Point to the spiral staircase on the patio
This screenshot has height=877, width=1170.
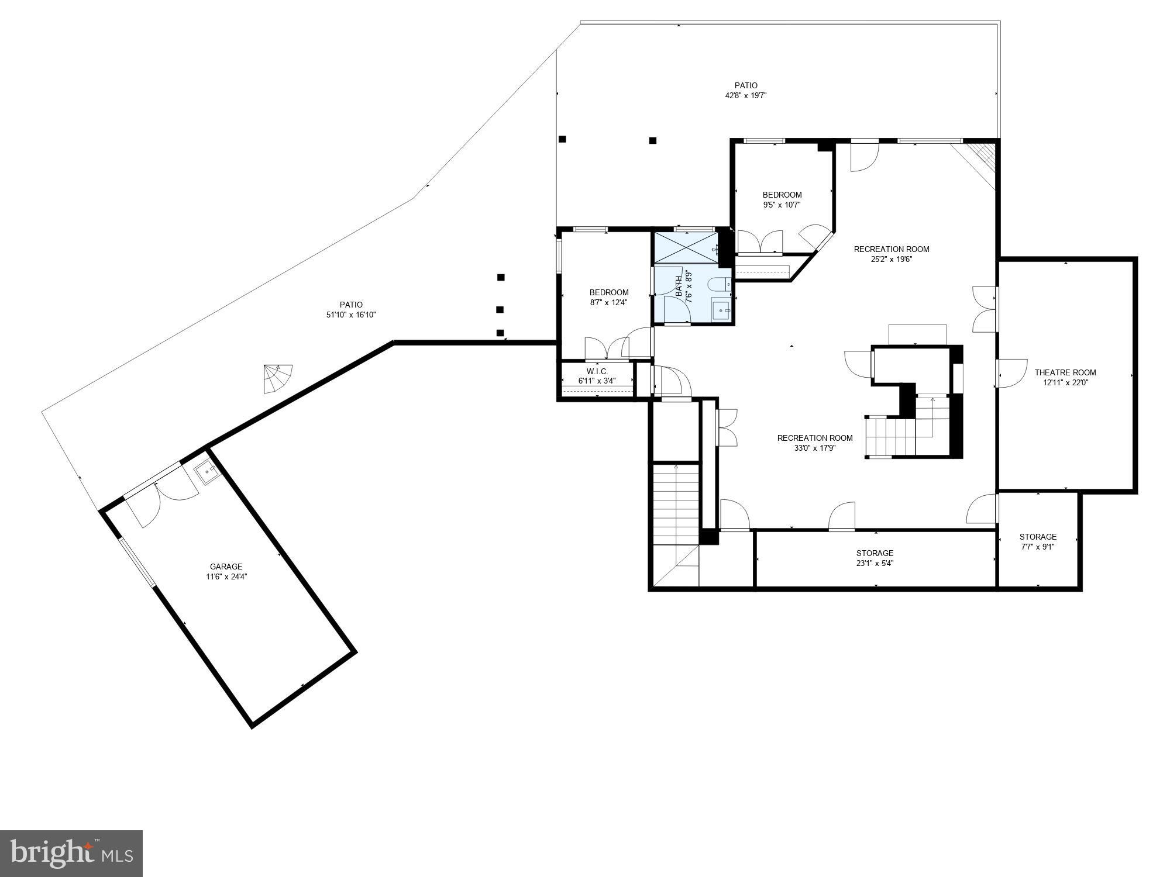[x=277, y=378]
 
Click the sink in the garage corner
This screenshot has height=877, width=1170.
[x=205, y=471]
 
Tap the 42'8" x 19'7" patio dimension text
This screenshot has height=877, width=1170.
[x=746, y=95]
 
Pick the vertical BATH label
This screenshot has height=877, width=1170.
[x=679, y=286]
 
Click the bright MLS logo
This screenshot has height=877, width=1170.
[x=71, y=854]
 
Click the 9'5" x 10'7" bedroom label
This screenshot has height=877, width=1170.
[x=782, y=200]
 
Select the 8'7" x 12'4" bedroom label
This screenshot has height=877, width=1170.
[x=608, y=297]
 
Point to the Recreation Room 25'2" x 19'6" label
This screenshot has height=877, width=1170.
[x=891, y=254]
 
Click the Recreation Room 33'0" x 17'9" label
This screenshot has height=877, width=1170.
[x=814, y=443]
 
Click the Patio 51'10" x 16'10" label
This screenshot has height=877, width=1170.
[x=351, y=309]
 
